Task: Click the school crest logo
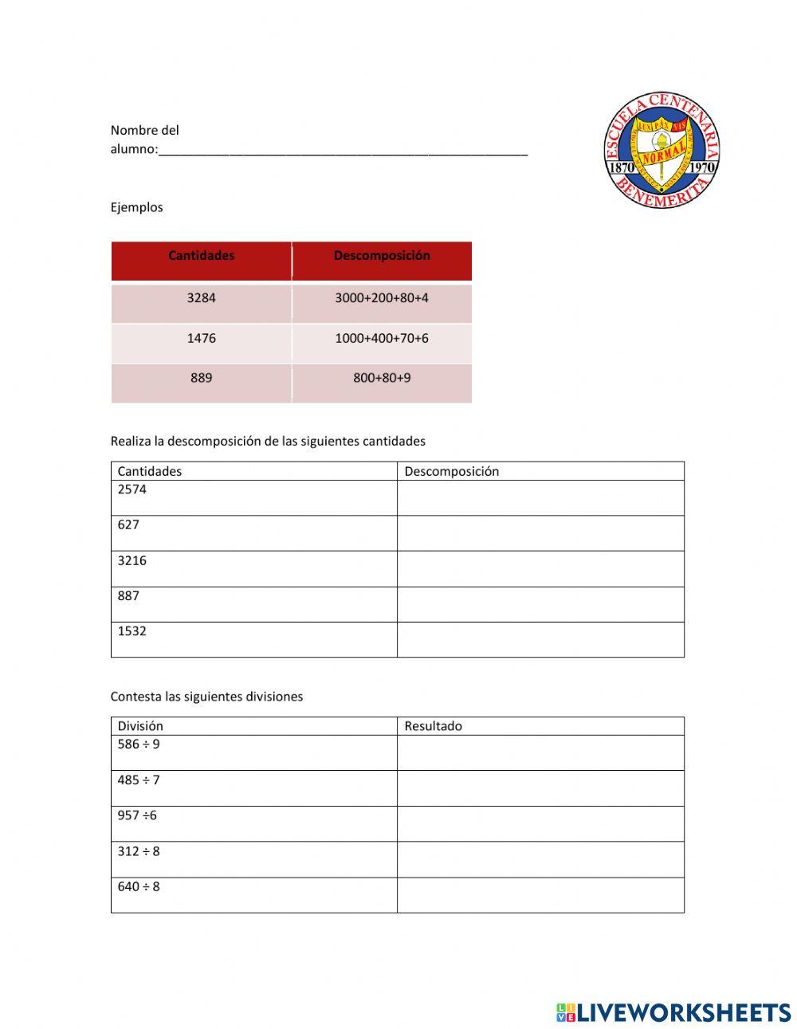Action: [662, 150]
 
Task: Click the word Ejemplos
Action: [136, 207]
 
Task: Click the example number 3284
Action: [201, 298]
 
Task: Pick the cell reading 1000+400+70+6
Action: [382, 339]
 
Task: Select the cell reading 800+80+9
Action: [382, 379]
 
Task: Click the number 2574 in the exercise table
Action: [132, 489]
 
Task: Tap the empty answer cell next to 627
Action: [540, 533]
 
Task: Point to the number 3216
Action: [132, 560]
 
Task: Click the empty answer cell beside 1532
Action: [540, 639]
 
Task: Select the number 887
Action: [128, 595]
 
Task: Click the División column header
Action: [140, 726]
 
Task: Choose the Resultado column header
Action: [433, 726]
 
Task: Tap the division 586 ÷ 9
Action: [139, 744]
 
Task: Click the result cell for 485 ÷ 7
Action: [540, 788]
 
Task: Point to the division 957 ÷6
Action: [137, 815]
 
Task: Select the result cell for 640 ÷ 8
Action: [540, 895]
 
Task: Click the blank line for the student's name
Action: [343, 150]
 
